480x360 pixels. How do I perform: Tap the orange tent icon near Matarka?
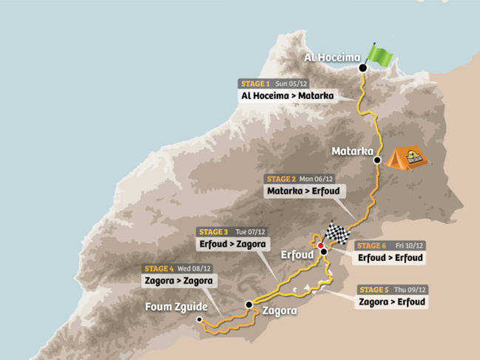[410, 156]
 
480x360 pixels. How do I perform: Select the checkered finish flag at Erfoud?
[337, 234]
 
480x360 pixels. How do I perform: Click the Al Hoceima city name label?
[332, 58]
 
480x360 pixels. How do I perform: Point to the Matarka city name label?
[352, 151]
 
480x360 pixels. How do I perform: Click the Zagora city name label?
[279, 311]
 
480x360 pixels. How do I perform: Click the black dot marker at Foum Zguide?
[199, 319]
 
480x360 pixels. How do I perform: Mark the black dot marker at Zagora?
[249, 305]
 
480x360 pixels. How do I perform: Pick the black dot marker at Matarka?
[377, 160]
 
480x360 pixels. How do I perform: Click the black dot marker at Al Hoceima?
[362, 68]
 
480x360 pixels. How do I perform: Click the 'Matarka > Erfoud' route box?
[300, 191]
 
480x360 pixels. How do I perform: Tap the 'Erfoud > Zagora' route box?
[231, 243]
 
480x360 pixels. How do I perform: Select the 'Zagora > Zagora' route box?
[179, 281]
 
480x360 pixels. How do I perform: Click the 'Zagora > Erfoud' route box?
[393, 302]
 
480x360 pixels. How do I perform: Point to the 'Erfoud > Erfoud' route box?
[391, 258]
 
